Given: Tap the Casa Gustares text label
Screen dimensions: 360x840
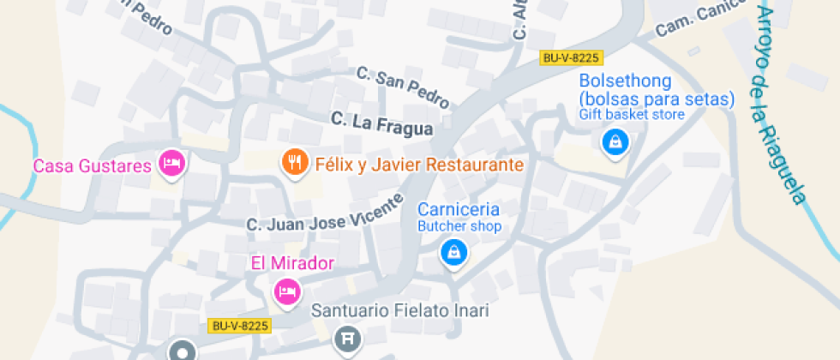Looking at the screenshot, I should click(92, 165).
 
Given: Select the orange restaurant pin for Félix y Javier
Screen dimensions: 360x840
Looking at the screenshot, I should click(295, 162).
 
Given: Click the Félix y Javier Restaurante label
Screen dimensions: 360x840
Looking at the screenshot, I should click(419, 165).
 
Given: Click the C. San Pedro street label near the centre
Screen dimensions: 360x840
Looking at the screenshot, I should click(403, 87).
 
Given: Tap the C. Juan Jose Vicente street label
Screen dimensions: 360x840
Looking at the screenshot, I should click(325, 213).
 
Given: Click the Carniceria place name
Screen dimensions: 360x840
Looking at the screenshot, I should click(459, 210).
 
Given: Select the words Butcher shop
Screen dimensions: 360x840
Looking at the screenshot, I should click(459, 226).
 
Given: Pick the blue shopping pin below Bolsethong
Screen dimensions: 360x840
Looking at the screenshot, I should click(615, 143).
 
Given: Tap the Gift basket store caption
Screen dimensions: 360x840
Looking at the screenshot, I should click(632, 115).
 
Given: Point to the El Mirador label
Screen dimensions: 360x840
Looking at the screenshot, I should click(291, 263).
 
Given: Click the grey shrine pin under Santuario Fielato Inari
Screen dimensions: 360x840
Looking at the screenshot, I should click(347, 339).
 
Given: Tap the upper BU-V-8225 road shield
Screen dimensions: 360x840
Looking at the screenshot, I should click(572, 58).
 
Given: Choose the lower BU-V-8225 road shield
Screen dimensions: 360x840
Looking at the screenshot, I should click(240, 326).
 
